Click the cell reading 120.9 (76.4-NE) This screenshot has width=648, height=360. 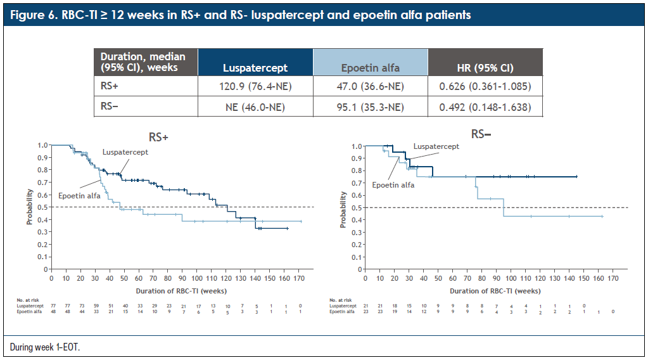click(255, 86)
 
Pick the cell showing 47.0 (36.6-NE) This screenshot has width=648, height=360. click(371, 86)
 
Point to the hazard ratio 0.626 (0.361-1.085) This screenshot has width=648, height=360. click(485, 86)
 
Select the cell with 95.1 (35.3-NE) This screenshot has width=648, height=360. click(371, 107)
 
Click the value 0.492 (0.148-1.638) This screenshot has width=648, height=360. click(485, 107)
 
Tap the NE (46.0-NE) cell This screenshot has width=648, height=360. click(255, 107)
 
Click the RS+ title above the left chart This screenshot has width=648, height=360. click(158, 136)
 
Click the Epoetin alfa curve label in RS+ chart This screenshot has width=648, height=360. click(79, 195)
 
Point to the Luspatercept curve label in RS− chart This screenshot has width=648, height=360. click(436, 146)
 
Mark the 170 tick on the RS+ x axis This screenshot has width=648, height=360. click(298, 278)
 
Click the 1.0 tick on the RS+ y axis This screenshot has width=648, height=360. click(42, 145)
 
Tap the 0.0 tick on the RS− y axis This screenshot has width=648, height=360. click(357, 269)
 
